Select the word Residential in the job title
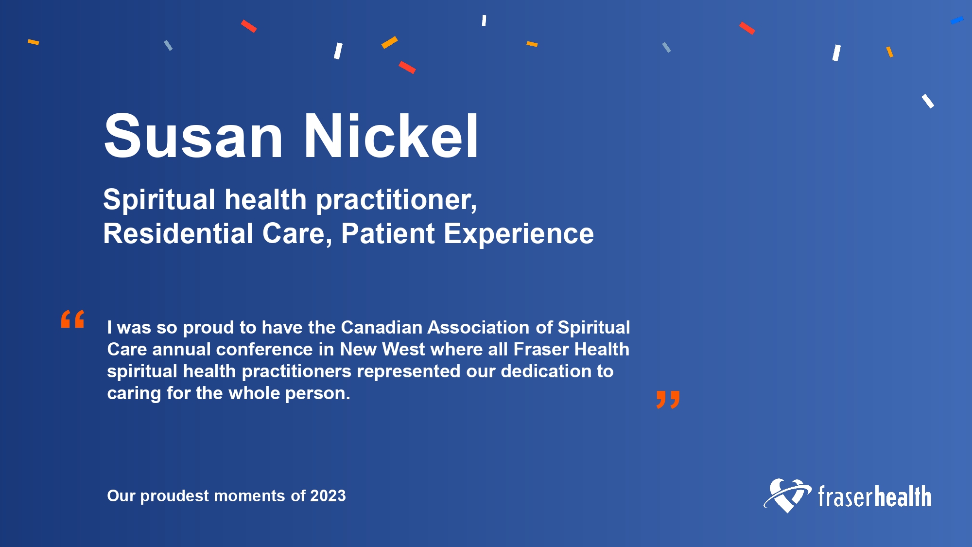[178, 233]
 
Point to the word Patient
[387, 233]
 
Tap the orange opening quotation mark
[73, 319]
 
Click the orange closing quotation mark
[668, 400]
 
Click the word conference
[264, 349]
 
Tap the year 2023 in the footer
[328, 495]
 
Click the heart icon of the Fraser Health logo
[787, 495]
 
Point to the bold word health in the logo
[903, 496]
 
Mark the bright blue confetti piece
[957, 20]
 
